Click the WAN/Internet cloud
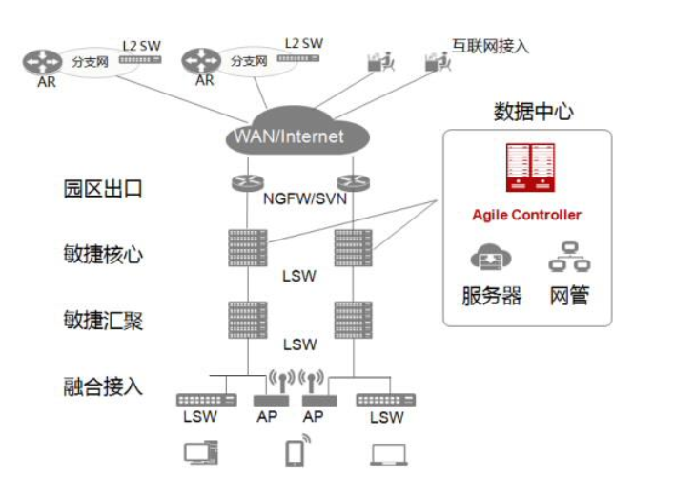coord(288,136)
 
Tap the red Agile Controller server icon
coord(529,168)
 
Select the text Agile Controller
coord(526,215)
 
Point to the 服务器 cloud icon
coord(492,259)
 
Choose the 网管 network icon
coord(569,258)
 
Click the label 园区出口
coord(103,188)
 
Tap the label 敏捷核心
coord(103,254)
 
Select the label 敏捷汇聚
coord(103,320)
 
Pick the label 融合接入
coord(103,386)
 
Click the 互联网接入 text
coord(490,46)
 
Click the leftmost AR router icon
coord(40,62)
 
